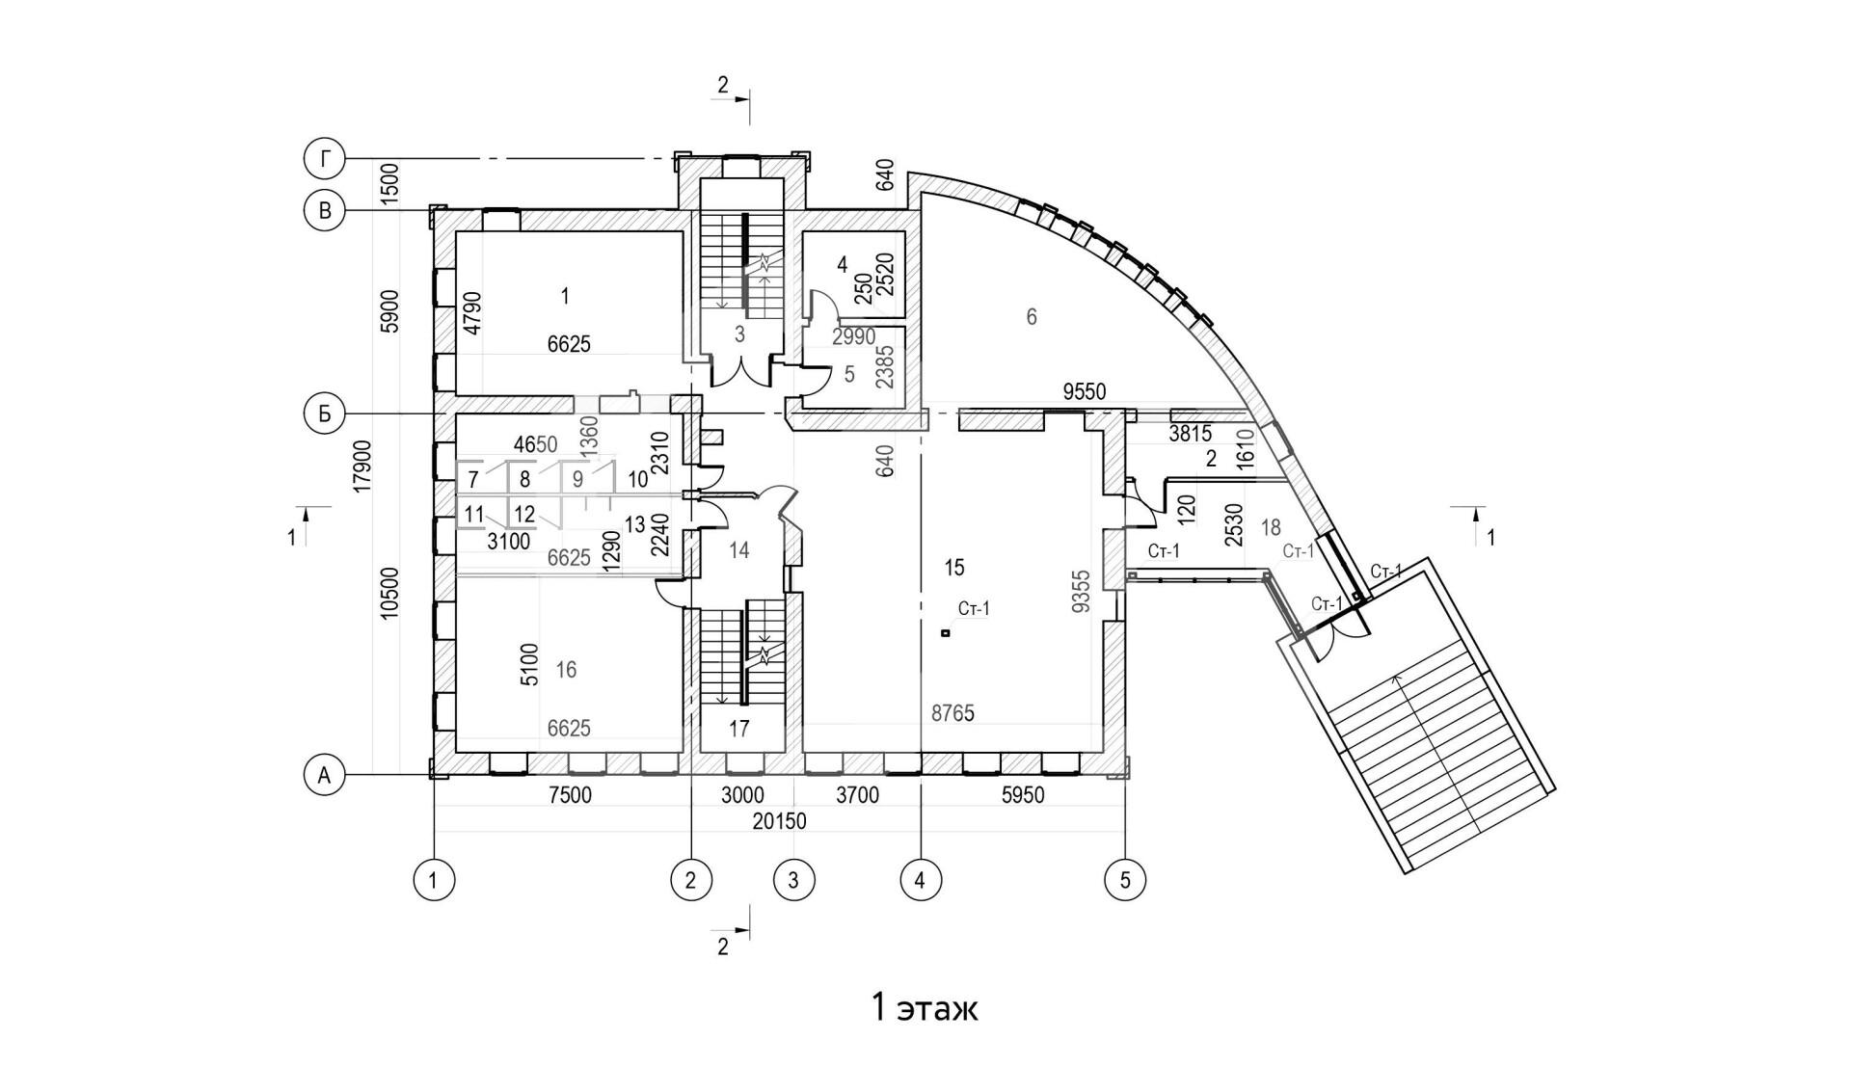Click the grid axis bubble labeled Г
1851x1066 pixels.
click(325, 159)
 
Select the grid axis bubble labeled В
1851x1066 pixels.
click(325, 211)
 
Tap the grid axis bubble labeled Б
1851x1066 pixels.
click(325, 413)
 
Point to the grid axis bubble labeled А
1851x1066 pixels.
click(325, 774)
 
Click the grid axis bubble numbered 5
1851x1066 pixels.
click(1125, 879)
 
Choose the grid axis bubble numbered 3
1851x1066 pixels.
click(793, 879)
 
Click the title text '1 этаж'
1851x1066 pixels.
click(925, 1008)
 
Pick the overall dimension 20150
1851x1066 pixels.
click(781, 822)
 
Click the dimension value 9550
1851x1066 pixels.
click(1084, 392)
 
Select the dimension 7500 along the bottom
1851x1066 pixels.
click(569, 796)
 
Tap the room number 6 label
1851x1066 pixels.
click(1032, 316)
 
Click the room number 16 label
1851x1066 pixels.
click(566, 669)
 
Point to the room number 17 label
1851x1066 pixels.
click(739, 729)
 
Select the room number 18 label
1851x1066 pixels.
click(1271, 527)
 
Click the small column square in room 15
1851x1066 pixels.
click(946, 633)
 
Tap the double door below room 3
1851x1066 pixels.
click(740, 371)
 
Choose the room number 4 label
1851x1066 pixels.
click(842, 263)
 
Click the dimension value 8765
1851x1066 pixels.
click(952, 714)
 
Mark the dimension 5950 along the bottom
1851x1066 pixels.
click(1023, 796)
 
